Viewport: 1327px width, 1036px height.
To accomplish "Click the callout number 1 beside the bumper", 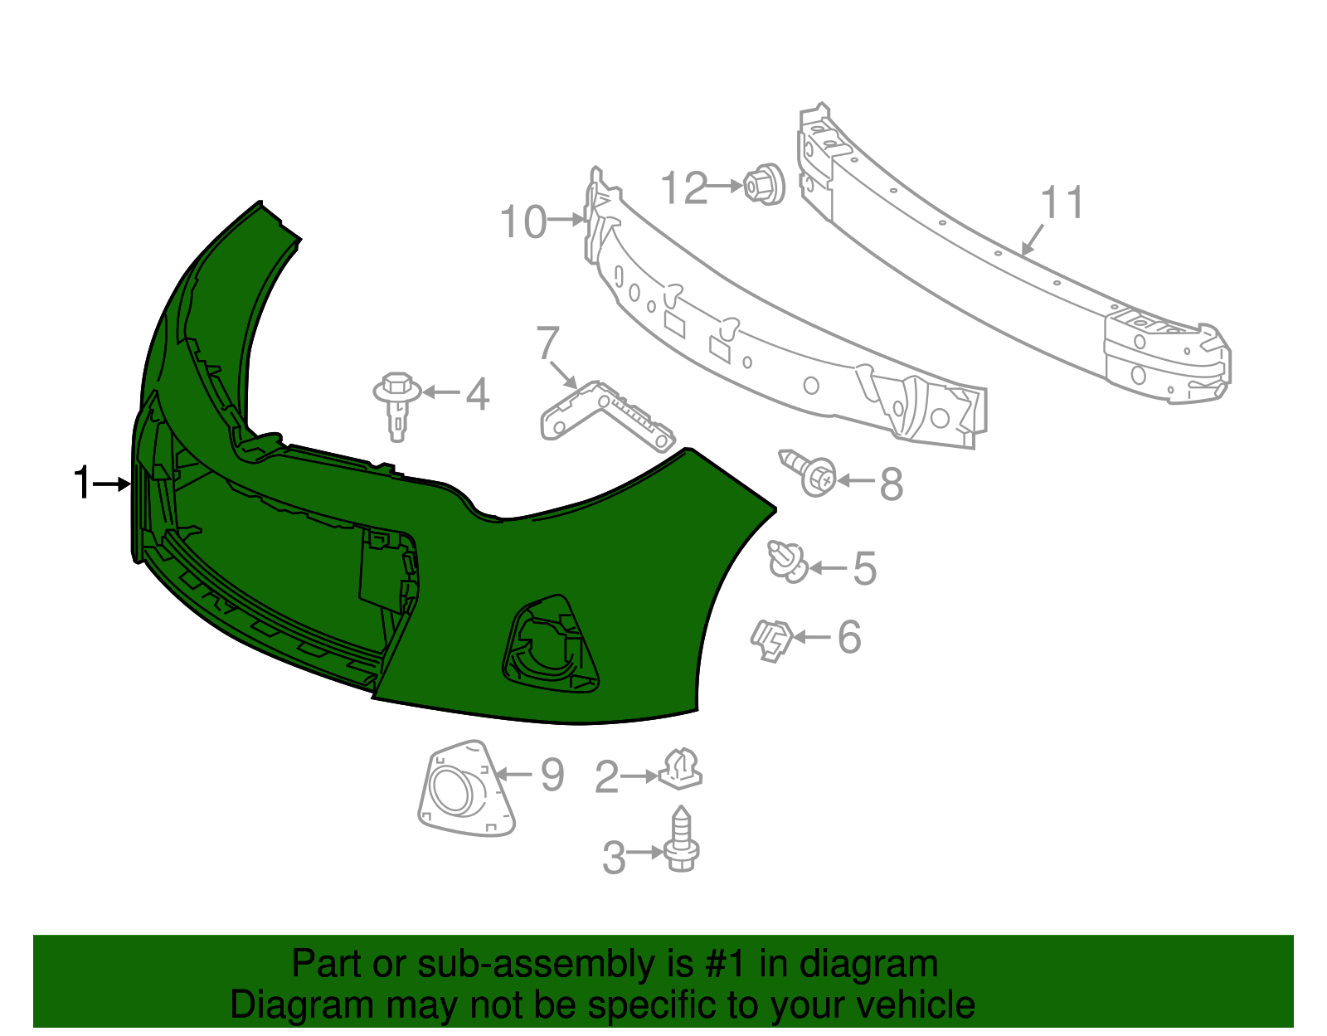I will tap(81, 483).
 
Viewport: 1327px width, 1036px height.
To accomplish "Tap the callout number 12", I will tap(685, 188).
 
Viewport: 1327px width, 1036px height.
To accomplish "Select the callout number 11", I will tap(1062, 203).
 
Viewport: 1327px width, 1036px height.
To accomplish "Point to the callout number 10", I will tap(523, 222).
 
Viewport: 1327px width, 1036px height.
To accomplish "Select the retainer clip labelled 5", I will tap(787, 562).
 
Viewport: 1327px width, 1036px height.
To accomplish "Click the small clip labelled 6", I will tap(770, 640).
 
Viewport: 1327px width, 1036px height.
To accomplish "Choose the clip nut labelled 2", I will tap(681, 771).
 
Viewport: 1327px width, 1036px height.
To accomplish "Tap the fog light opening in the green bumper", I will tap(549, 644).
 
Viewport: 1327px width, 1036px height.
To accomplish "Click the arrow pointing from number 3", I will tap(646, 852).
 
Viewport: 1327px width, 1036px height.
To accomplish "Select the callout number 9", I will tap(552, 776).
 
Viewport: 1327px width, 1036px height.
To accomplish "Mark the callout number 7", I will tap(548, 343).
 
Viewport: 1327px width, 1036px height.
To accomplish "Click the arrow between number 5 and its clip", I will tap(828, 568).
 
